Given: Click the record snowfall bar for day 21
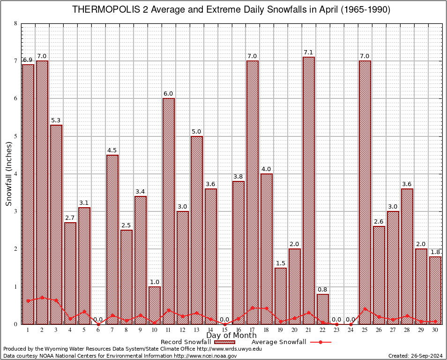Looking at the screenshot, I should pos(309,187).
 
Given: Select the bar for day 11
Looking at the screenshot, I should pos(169,211).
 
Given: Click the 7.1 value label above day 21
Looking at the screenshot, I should pos(309,52).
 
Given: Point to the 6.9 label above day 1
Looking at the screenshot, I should pos(28,60).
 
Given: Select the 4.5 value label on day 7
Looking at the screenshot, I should pos(112,150).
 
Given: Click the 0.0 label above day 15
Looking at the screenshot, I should pos(224,320).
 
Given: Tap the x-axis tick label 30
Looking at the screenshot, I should pos(435,330).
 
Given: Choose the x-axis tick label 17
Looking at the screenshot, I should pos(253,330).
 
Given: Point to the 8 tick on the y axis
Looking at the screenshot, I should pos(16,23).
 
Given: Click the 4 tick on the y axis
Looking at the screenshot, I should pos(16,174).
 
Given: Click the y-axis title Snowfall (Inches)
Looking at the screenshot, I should pos(9,174).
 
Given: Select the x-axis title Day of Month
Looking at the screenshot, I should pos(231,336).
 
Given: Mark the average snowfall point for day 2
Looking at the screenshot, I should pos(42,297).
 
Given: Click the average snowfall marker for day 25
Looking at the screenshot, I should pos(365,309).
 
